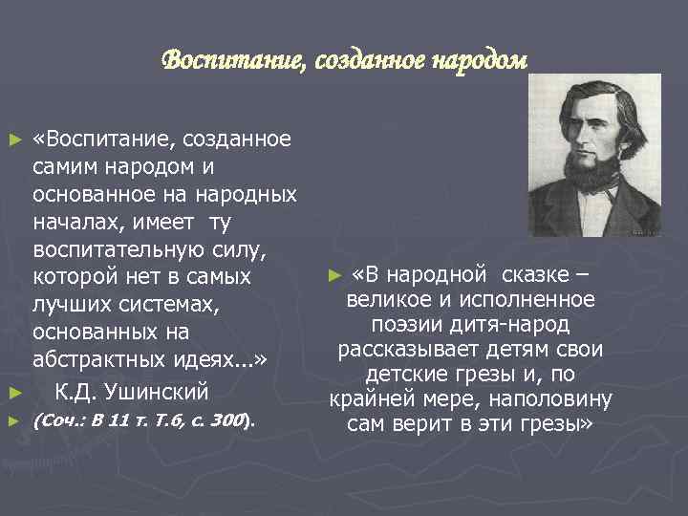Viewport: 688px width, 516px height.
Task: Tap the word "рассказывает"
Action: [x=415, y=350]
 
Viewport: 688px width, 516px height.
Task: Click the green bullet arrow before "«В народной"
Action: [x=333, y=277]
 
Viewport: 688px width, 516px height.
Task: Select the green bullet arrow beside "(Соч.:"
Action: [x=12, y=420]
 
